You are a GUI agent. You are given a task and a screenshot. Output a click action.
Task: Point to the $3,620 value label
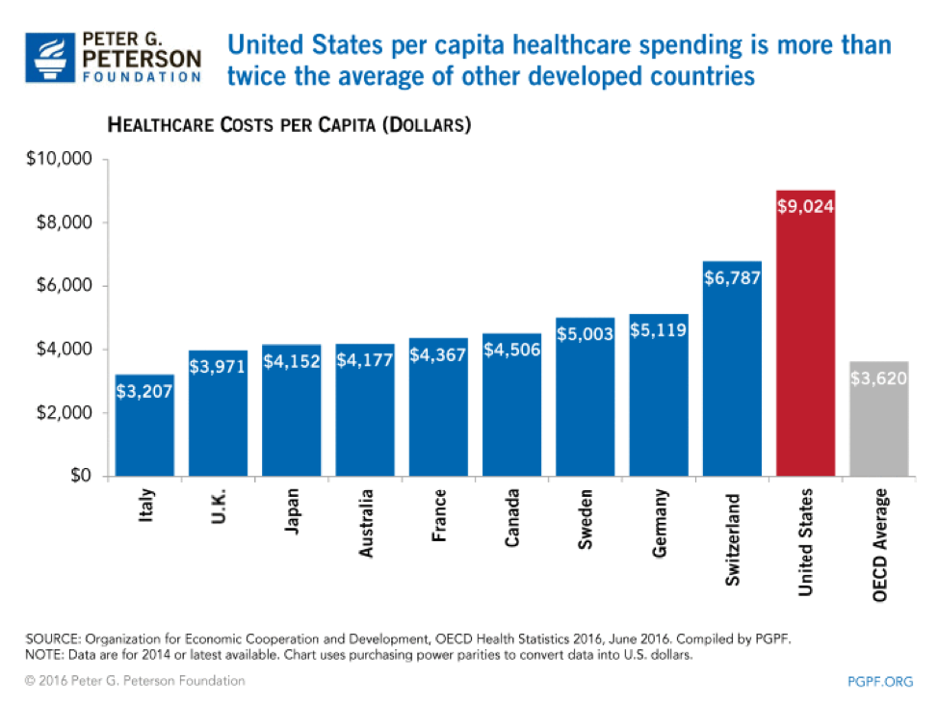879,378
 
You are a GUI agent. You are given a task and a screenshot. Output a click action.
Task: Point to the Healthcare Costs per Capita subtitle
288,125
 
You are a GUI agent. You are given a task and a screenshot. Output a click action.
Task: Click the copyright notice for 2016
136,681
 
